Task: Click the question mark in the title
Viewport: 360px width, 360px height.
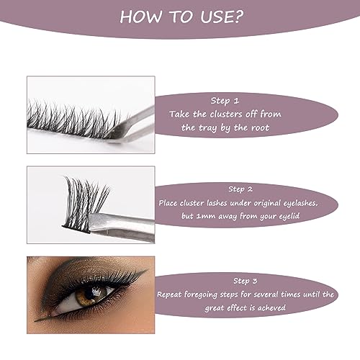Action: click(238, 17)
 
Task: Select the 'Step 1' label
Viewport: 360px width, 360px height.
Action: click(225, 101)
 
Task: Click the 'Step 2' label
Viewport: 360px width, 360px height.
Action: click(240, 189)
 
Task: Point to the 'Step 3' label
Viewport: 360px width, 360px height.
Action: click(245, 281)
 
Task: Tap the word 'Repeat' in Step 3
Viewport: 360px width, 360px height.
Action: click(169, 294)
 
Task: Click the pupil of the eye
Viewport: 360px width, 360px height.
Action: click(91, 292)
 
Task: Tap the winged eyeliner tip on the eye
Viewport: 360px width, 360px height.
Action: click(146, 270)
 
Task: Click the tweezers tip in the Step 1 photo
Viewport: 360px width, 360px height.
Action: click(113, 138)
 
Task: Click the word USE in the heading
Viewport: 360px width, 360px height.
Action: click(216, 17)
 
